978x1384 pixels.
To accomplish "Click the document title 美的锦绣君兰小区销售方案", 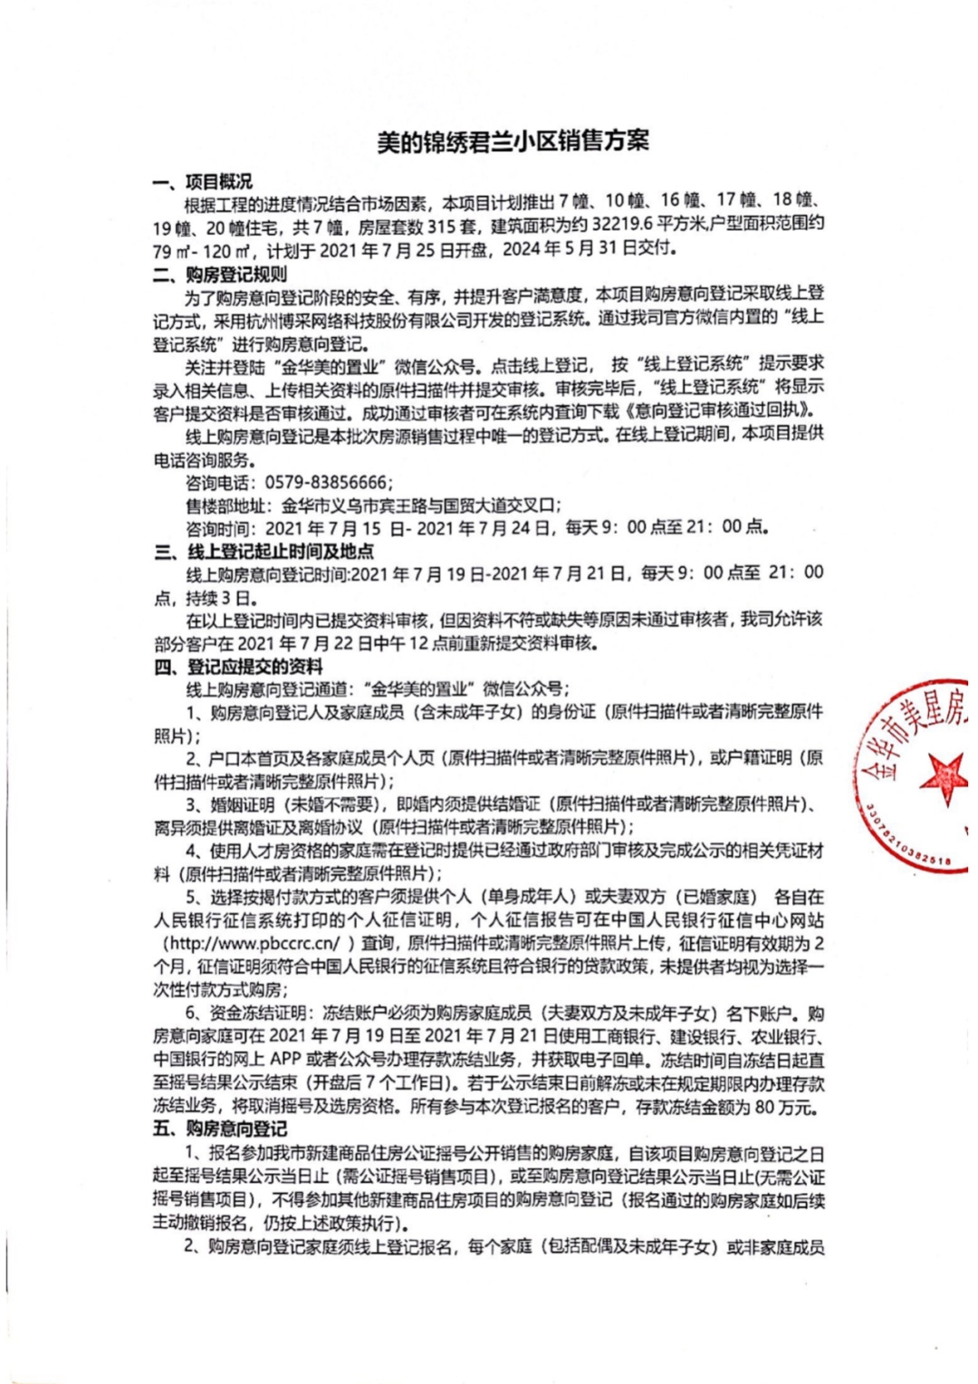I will tap(513, 142).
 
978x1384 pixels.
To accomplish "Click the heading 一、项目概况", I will tap(203, 182).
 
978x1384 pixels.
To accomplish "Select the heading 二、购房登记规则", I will tap(220, 274).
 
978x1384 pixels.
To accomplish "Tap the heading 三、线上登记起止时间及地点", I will tap(264, 551).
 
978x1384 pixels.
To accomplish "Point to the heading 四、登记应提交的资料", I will tap(238, 667).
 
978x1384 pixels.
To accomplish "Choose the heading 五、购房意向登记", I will tap(220, 1129).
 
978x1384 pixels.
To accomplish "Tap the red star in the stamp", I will tap(943, 776).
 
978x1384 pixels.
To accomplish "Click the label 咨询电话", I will tap(220, 483).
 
